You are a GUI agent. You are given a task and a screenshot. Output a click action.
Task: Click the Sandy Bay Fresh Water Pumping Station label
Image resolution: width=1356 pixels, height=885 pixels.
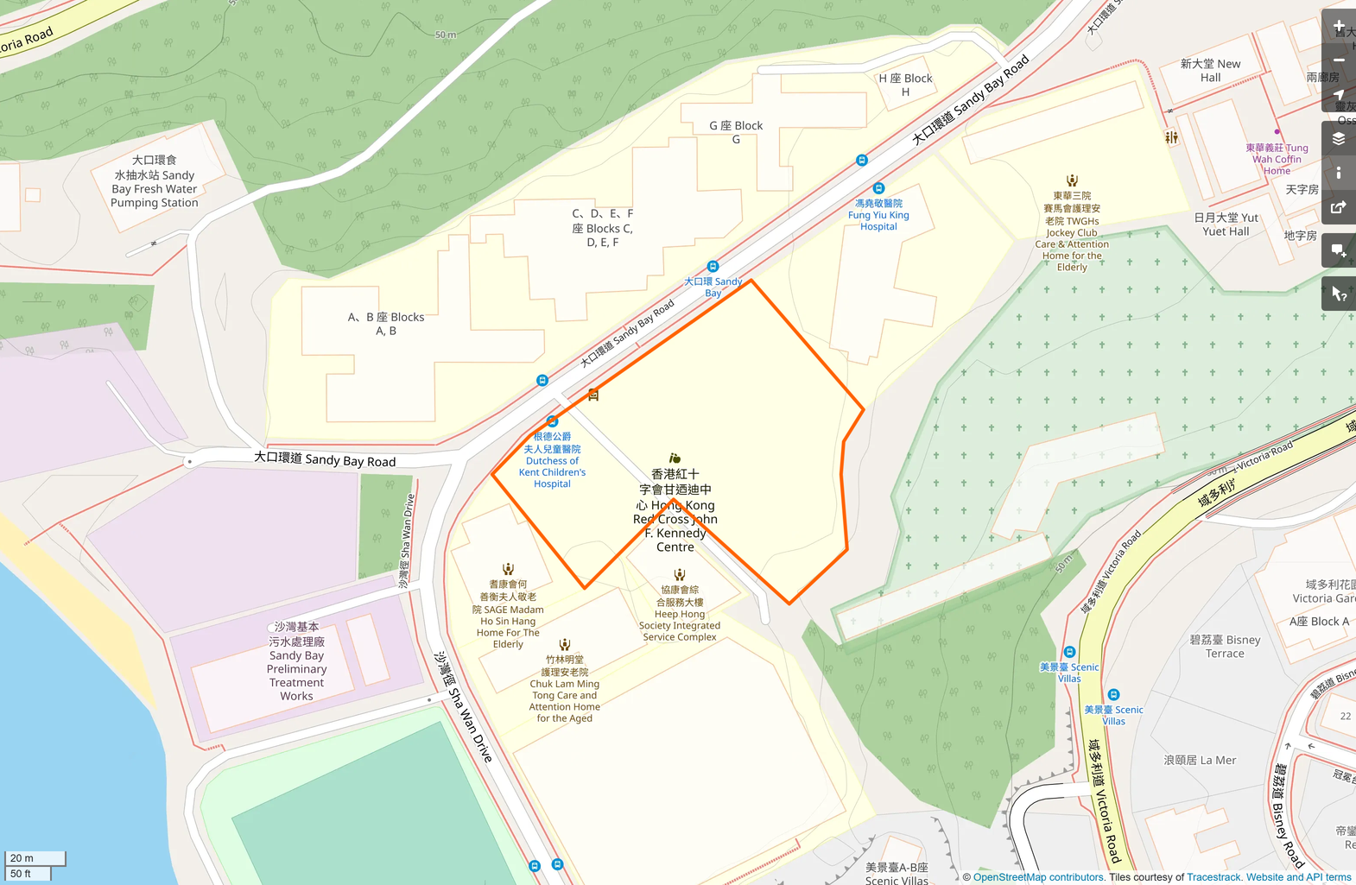pos(155,181)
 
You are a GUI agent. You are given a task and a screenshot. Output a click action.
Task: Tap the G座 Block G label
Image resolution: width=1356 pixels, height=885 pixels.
pos(736,132)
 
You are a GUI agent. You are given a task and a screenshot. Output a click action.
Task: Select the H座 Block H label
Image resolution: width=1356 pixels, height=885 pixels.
pos(905,85)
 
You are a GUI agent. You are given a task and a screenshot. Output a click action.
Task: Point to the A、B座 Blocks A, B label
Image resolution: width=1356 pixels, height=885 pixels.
pos(386,324)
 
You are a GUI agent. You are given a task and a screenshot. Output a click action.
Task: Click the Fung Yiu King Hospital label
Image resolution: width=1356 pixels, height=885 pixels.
pos(878,215)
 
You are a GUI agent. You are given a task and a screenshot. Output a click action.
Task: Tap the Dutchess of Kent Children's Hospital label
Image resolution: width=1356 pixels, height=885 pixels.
pos(552,460)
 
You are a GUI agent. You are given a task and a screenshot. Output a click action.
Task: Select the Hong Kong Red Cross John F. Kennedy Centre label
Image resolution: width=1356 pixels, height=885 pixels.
pos(675,510)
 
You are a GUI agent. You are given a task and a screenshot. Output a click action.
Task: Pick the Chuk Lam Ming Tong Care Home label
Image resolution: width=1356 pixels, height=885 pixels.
pos(565,688)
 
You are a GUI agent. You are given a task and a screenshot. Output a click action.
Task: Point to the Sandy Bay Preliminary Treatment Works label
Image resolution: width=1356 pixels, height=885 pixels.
pos(296,661)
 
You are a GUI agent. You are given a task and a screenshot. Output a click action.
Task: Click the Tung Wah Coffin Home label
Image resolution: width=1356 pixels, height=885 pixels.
pos(1277,159)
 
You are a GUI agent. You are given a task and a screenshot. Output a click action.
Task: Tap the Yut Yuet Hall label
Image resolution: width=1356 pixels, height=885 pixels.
pos(1226,224)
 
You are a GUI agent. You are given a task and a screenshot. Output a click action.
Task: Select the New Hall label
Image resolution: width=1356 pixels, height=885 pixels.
pos(1211,71)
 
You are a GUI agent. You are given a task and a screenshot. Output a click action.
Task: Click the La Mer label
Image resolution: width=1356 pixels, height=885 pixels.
pos(1200,761)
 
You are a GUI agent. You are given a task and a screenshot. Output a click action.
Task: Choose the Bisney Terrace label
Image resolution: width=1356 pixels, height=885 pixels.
pos(1225,647)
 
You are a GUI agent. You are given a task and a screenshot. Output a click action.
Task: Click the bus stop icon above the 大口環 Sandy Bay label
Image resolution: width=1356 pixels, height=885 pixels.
pos(713,267)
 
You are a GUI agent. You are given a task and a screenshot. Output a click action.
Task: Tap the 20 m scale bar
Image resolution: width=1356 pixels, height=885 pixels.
pos(35,858)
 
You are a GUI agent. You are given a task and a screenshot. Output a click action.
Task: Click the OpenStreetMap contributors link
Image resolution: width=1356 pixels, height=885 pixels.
pos(1038,877)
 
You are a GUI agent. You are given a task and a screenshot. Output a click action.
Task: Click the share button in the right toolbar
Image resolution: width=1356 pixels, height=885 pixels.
pos(1338,207)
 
